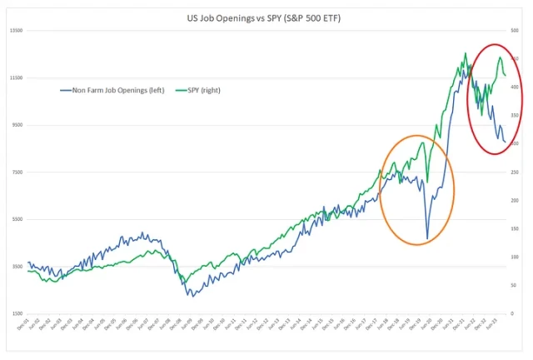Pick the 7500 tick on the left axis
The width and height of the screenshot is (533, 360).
pos(14,172)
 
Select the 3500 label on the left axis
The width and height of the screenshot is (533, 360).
pos(14,267)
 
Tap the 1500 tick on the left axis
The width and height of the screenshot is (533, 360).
pos(14,314)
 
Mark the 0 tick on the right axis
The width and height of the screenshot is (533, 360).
pos(516,314)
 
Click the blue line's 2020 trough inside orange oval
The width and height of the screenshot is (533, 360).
pos(427,240)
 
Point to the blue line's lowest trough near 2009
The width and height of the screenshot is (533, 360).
pos(190,296)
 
